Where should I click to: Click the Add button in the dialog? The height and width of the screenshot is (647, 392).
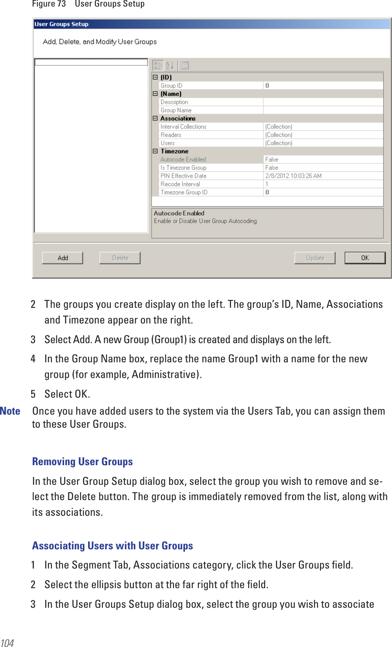[62, 258]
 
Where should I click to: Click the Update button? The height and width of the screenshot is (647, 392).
[315, 258]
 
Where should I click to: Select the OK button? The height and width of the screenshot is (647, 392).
[365, 258]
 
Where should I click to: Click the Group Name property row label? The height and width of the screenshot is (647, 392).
[176, 110]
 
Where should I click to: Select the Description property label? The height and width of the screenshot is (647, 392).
[174, 102]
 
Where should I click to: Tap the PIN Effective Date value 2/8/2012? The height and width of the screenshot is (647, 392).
[293, 176]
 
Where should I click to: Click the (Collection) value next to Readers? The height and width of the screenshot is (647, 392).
[279, 135]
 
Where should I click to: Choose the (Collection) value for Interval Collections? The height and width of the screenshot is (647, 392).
[279, 126]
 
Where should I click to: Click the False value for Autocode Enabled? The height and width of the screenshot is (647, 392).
[272, 160]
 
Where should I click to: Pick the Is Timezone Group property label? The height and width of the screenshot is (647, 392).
[183, 167]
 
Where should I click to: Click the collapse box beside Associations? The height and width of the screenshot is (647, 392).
[155, 118]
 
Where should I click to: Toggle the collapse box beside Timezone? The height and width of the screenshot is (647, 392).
[155, 151]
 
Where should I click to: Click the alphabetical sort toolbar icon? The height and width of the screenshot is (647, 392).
[170, 65]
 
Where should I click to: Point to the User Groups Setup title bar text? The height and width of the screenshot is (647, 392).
[61, 24]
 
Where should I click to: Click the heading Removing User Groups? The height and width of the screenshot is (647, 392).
[82, 461]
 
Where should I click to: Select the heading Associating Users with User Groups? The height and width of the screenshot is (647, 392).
[112, 545]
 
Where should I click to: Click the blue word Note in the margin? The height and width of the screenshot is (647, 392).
[10, 411]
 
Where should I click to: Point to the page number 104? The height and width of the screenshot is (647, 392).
[7, 642]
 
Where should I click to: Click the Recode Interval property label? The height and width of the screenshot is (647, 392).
[180, 184]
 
